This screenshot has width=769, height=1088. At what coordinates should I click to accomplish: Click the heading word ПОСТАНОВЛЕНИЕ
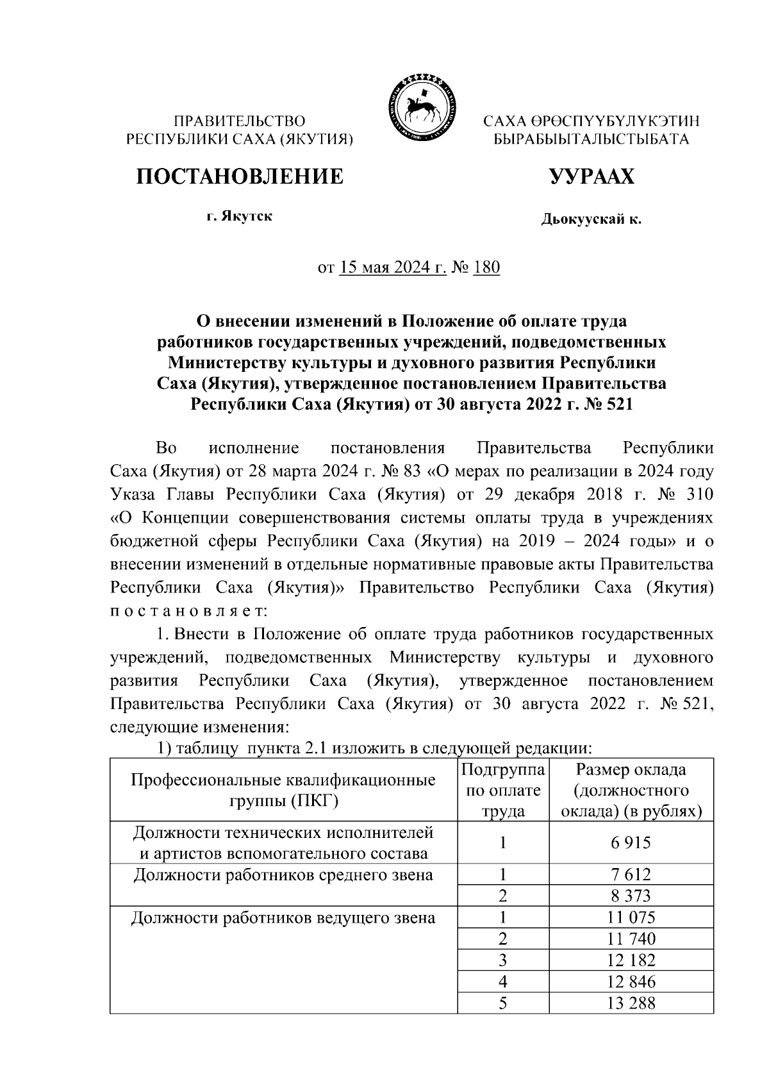click(238, 176)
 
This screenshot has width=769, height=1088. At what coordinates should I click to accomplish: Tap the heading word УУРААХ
click(591, 176)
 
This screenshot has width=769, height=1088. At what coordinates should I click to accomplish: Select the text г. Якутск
click(238, 216)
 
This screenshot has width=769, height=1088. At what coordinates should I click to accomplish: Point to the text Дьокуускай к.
click(591, 220)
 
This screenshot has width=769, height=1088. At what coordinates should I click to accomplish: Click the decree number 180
click(486, 267)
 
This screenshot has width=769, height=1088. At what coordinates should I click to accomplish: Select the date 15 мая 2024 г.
click(392, 267)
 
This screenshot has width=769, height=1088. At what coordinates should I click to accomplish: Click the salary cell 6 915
click(631, 842)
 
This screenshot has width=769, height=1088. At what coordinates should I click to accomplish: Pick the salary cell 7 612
click(631, 875)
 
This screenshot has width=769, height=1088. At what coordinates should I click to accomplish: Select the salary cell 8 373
click(631, 896)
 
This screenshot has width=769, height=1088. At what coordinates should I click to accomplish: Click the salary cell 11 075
click(631, 917)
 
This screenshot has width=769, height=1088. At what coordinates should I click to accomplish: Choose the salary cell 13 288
click(631, 1003)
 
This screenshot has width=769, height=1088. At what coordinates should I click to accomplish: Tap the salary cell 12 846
click(631, 982)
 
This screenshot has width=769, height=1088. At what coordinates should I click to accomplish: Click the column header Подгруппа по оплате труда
click(503, 790)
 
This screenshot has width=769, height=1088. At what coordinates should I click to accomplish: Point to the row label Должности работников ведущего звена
click(283, 918)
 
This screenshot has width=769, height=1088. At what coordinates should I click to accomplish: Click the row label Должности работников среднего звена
click(283, 875)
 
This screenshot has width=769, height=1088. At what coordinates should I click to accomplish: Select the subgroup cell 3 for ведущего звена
click(503, 960)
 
